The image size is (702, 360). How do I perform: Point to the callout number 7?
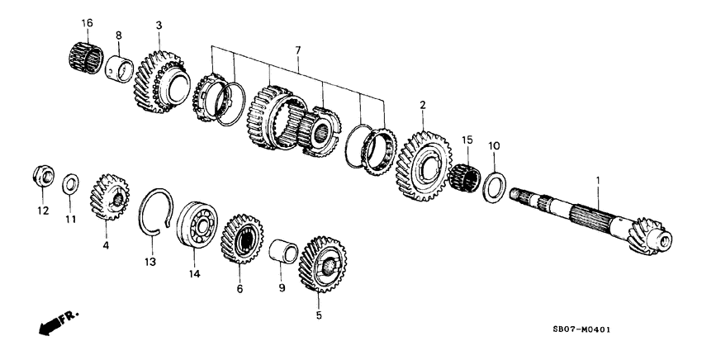point(298,51)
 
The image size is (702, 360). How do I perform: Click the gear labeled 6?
point(241,240)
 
